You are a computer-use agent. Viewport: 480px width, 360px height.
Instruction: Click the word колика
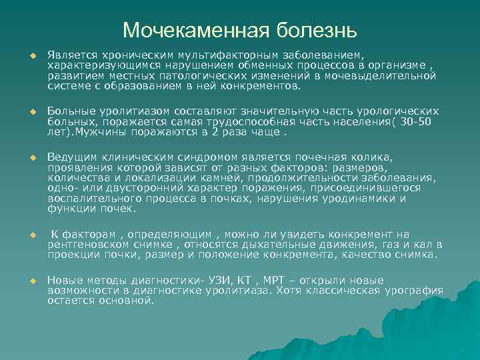point(377,157)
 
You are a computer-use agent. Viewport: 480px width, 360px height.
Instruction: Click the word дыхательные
point(264,244)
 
